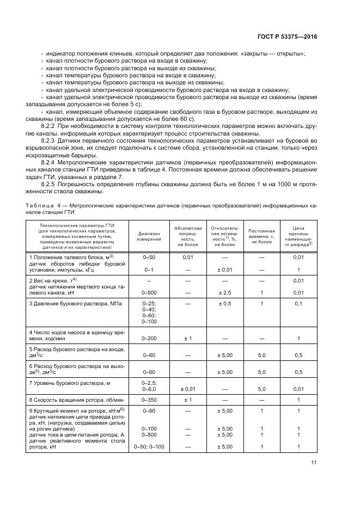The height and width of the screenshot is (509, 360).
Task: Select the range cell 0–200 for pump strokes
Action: pyautogui.click(x=149, y=339)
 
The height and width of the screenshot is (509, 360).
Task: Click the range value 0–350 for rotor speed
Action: pyautogui.click(x=149, y=400)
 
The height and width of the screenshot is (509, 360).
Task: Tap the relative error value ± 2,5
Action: pyautogui.click(x=225, y=293)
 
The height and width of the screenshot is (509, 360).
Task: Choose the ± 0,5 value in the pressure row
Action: pyautogui.click(x=225, y=303)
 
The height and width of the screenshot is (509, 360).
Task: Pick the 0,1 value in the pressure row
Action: pyautogui.click(x=298, y=303)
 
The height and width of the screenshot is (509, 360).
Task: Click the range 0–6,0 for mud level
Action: pyautogui.click(x=149, y=389)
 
